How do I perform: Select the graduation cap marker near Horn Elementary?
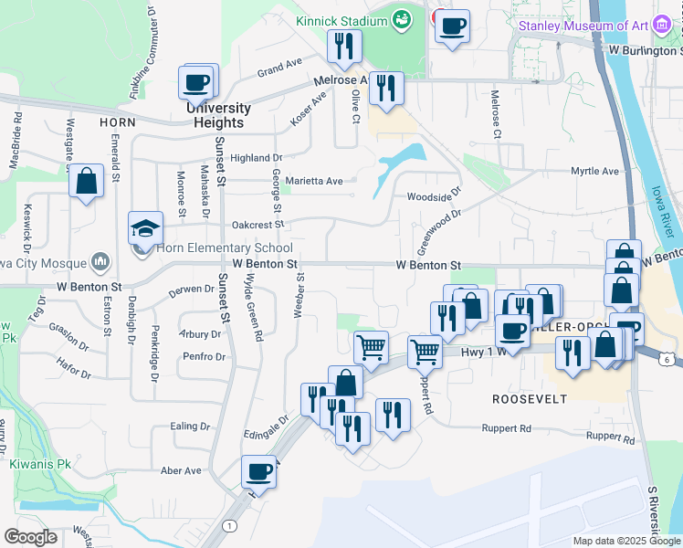[145, 229]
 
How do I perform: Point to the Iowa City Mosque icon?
[100, 263]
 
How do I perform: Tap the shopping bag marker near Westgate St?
[86, 182]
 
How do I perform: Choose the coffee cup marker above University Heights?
[198, 83]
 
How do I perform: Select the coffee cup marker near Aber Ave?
[259, 472]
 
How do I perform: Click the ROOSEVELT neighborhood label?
[530, 399]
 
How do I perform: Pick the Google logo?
[31, 537]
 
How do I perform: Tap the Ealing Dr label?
[191, 427]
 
